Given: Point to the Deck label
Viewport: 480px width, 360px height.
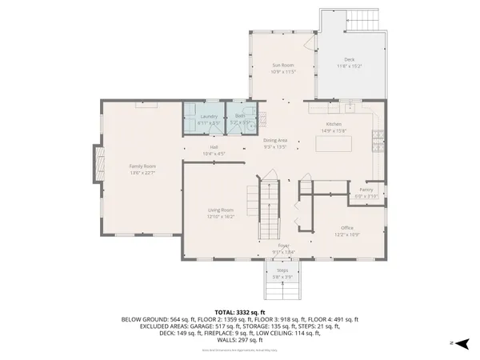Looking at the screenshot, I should pyautogui.click(x=349, y=60).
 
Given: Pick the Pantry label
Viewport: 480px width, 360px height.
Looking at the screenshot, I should pyautogui.click(x=366, y=190).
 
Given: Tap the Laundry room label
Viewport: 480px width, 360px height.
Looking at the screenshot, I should pyautogui.click(x=207, y=118).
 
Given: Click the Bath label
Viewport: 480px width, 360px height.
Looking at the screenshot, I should pyautogui.click(x=240, y=118).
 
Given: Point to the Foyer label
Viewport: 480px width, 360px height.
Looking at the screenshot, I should pyautogui.click(x=282, y=246).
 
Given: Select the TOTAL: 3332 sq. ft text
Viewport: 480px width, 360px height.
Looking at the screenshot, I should pyautogui.click(x=240, y=311).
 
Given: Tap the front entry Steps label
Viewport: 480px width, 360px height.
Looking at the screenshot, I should pyautogui.click(x=282, y=270).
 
